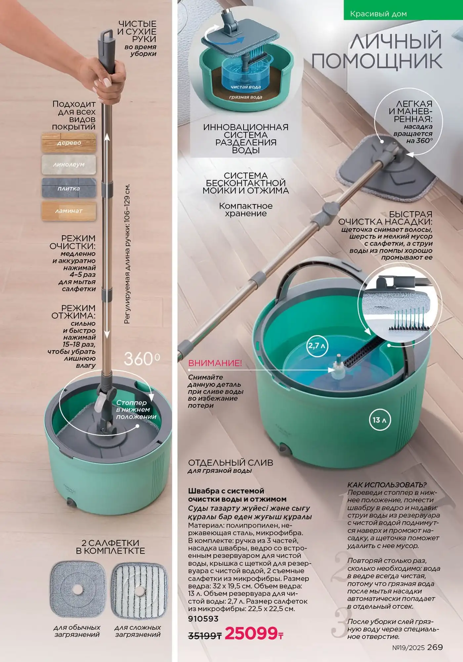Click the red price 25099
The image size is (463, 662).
click(254, 633)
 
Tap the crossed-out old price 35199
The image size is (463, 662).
click(205, 635)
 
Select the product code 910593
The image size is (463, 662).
click(203, 618)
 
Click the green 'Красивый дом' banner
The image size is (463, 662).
click(403, 10)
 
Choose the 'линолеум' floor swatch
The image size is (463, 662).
click(69, 165)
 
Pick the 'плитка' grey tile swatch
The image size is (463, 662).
click(69, 188)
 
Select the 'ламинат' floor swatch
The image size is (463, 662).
click(69, 211)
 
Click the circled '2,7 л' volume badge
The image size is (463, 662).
click(317, 346)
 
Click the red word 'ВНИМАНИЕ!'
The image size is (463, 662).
click(215, 363)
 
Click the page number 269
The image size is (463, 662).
click(435, 647)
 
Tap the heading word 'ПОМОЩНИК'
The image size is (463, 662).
click(377, 61)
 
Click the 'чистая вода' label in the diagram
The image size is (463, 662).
click(245, 87)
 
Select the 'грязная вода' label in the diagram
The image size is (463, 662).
click(245, 97)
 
